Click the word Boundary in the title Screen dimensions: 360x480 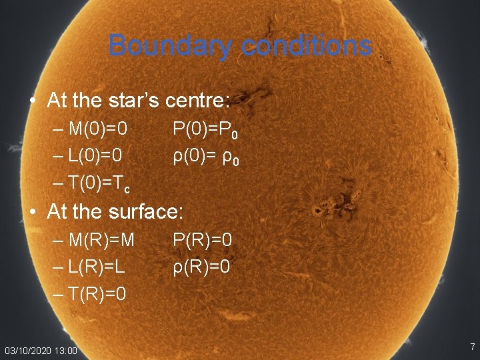(156, 46)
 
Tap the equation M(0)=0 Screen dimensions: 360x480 (98, 127)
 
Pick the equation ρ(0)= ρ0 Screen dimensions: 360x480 (205, 157)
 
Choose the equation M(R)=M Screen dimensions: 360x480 (101, 239)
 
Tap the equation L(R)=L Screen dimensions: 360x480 (97, 267)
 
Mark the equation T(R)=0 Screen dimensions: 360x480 (97, 294)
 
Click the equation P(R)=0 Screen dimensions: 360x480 (202, 239)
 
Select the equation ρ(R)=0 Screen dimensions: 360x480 (202, 267)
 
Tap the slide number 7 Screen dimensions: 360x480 (472, 347)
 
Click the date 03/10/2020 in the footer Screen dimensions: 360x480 (27, 351)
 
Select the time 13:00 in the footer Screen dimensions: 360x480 (65, 351)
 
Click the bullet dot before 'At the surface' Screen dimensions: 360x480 (33, 212)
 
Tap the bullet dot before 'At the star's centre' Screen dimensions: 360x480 (33, 101)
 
